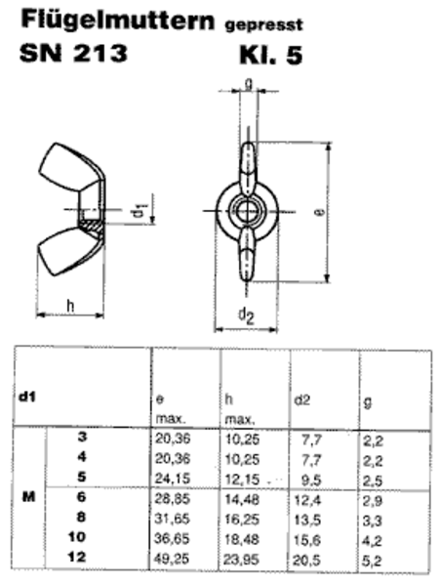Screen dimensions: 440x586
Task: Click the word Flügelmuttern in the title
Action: tap(118, 20)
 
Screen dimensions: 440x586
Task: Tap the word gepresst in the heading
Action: tap(263, 25)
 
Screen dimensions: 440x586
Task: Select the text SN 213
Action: tap(73, 53)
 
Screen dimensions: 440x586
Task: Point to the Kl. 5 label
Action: tap(270, 56)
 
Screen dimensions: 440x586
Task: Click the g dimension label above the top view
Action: tap(249, 84)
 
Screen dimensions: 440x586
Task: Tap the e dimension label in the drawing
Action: tap(320, 212)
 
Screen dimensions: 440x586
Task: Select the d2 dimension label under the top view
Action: tap(246, 315)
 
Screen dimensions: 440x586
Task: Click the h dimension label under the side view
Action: tap(70, 305)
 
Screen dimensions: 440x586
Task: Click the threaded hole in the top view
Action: tap(246, 211)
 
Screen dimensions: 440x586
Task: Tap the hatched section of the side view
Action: tap(91, 226)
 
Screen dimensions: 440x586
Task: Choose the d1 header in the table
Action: tap(26, 398)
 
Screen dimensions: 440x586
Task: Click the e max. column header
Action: tap(170, 409)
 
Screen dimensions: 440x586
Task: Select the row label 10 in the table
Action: tap(77, 537)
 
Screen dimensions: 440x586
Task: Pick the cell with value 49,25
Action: tap(172, 559)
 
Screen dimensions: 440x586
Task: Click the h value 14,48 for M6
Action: tap(242, 499)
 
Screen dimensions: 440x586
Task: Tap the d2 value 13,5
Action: tap(307, 520)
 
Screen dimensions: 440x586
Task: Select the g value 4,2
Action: tap(373, 541)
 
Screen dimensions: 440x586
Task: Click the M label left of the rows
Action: tap(28, 497)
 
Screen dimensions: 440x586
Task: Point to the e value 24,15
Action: tap(173, 479)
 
